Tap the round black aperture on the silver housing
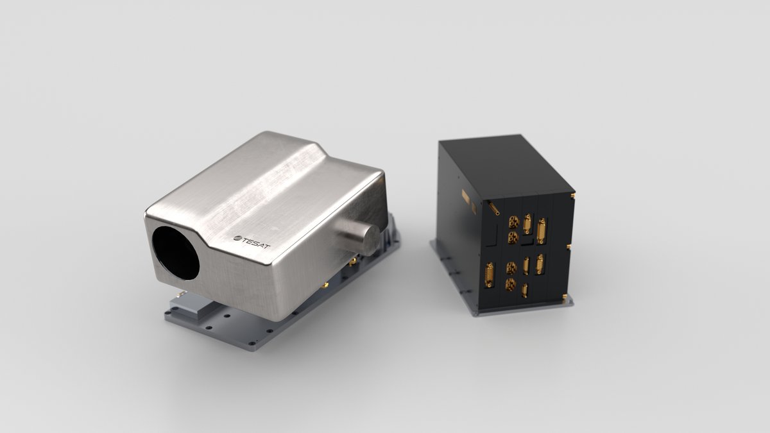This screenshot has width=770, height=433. pos(175,253)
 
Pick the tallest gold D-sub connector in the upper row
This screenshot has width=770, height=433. pos(542,231)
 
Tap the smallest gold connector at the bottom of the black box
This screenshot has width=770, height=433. pos(524,290)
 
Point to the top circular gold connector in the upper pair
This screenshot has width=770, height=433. pos(513,222)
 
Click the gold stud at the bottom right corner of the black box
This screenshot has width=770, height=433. pos(564,296)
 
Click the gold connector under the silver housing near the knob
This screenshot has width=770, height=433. pos(352,261)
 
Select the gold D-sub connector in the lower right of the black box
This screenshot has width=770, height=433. pos(540,264)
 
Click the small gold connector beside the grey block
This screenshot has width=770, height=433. pos(181,294)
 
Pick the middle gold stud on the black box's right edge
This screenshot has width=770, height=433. pos(569,246)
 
